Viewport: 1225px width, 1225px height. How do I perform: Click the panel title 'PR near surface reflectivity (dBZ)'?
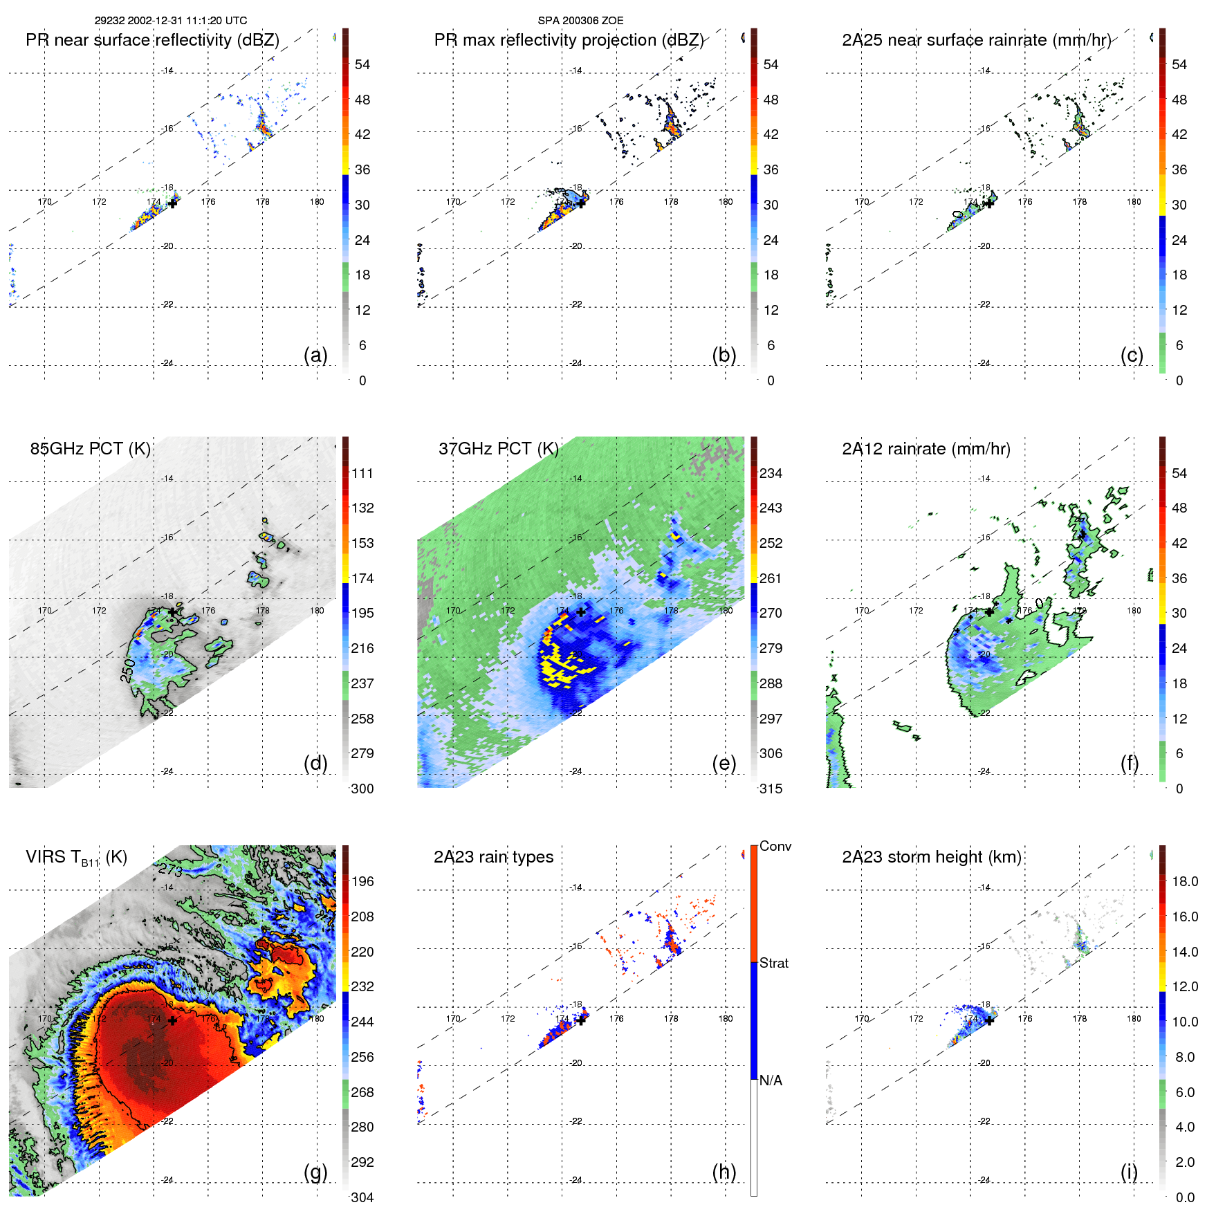[152, 40]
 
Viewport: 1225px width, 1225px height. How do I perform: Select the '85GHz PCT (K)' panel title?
[90, 448]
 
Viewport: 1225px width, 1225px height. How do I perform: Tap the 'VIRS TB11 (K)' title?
[76, 858]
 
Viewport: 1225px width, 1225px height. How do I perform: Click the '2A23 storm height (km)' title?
[931, 857]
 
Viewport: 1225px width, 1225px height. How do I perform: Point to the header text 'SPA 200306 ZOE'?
[580, 21]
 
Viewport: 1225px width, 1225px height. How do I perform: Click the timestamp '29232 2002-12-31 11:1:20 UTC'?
[170, 21]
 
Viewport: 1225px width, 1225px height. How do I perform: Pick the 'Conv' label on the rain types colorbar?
[775, 846]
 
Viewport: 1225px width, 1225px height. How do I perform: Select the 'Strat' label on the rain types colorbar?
[773, 963]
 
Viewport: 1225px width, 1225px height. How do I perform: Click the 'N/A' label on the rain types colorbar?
[771, 1080]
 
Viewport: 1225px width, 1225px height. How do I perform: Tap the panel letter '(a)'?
[315, 355]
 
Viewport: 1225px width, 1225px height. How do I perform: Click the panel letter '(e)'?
[724, 763]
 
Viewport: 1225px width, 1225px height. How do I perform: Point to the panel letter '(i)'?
[1129, 1172]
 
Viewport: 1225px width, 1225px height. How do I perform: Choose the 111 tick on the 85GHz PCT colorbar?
[362, 473]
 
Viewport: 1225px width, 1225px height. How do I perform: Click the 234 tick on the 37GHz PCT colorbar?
[771, 473]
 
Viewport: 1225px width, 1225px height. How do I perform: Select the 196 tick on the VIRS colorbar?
[362, 881]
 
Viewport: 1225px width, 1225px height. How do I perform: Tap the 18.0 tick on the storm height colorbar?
[1184, 881]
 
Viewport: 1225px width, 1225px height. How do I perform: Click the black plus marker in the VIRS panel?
[172, 1020]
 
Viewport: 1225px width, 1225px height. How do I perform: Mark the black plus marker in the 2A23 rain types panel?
[581, 1020]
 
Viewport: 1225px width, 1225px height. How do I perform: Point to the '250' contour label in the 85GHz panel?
[128, 670]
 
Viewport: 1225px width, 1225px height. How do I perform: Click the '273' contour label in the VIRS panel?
[170, 869]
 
